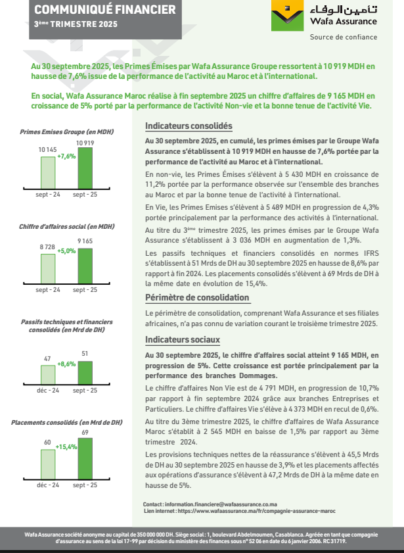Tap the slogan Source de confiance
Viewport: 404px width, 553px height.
pyautogui.click(x=338, y=37)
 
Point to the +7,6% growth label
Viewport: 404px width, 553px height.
pyautogui.click(x=66, y=156)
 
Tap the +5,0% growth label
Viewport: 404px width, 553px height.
pyautogui.click(x=66, y=251)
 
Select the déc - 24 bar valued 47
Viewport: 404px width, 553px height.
pyautogui.click(x=48, y=374)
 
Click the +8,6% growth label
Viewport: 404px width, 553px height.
pyautogui.click(x=66, y=364)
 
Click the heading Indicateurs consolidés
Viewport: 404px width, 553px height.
pyautogui.click(x=189, y=126)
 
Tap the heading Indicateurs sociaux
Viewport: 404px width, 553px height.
pyautogui.click(x=182, y=340)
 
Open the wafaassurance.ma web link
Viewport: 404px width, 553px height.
pyautogui.click(x=256, y=510)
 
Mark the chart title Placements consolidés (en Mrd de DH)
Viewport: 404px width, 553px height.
pyautogui.click(x=67, y=422)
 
